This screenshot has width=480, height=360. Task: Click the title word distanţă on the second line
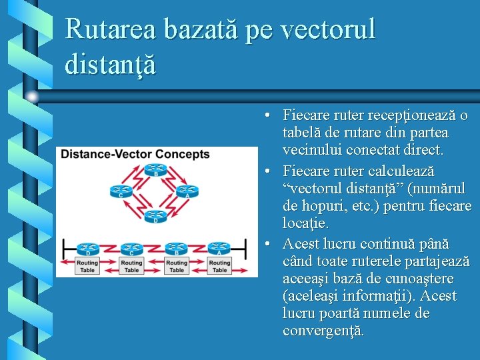111,64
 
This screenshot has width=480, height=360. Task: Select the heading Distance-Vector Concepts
135,155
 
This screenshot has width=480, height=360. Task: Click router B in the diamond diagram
156,171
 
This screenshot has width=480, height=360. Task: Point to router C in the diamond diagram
119,192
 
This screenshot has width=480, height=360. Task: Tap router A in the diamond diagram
187,192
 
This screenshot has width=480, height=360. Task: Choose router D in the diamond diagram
155,217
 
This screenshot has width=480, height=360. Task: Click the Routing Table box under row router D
87,266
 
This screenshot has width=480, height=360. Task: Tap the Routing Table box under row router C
131,266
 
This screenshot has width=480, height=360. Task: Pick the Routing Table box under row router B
177,266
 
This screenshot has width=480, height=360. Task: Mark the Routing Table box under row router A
220,266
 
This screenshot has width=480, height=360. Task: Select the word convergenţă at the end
323,331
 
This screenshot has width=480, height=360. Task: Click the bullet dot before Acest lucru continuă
267,244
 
